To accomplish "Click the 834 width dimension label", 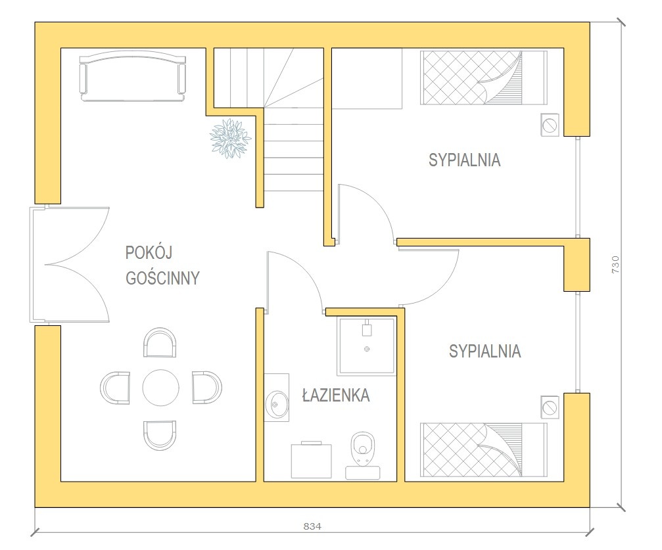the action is coord(312,526).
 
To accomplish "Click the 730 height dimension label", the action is coord(615,264).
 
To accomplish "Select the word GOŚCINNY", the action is coord(162,278).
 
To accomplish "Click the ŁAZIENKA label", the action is coord(336,395).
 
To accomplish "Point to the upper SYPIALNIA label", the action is coord(464,160).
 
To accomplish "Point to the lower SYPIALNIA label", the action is coord(485,351).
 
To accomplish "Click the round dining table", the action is coord(160,388).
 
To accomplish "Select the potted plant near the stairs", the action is coord(231,139).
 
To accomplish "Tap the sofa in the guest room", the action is coord(133,76).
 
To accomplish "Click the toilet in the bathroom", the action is coord(363,455).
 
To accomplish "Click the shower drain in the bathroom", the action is coord(367,349).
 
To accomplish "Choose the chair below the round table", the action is coord(160,435).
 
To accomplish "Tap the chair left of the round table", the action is coord(115,388).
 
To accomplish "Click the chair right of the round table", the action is coord(207,388).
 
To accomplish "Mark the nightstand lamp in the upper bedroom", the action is coord(550,125).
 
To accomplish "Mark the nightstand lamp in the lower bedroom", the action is coord(550,408).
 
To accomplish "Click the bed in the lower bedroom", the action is coord(484,450).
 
